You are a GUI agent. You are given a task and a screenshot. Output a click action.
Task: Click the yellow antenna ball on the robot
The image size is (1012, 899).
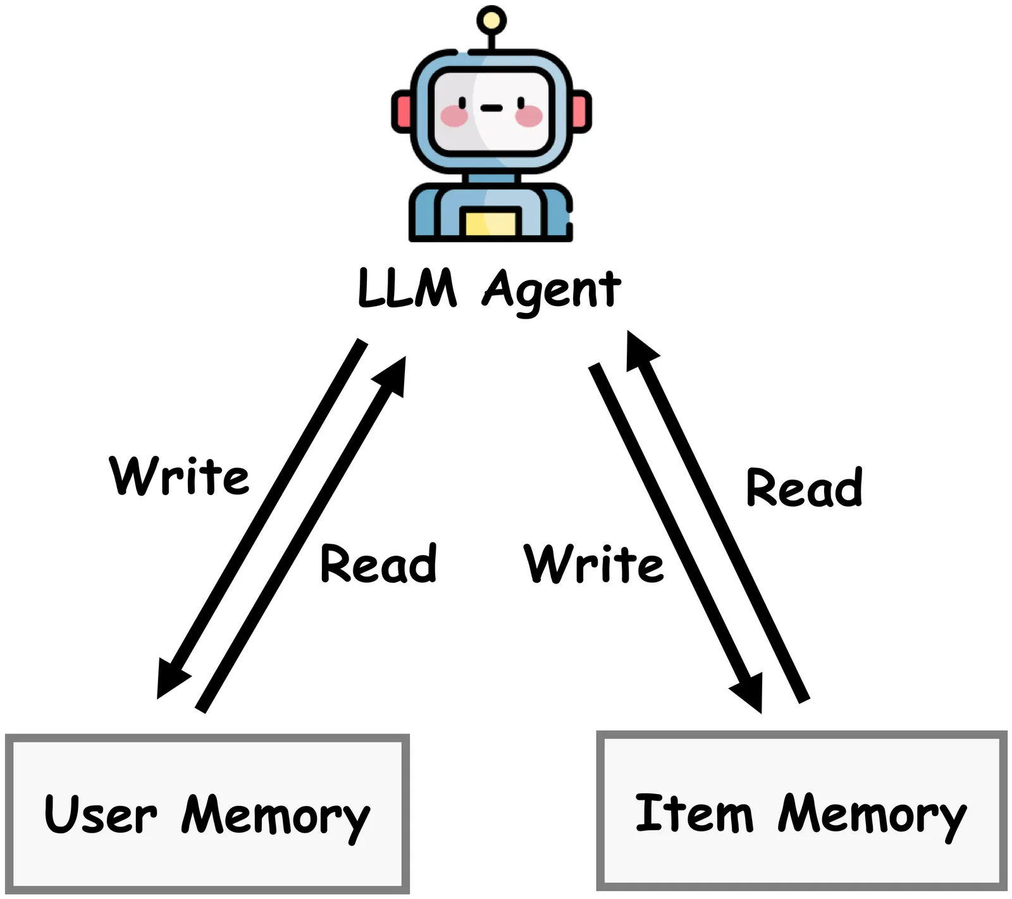[491, 21]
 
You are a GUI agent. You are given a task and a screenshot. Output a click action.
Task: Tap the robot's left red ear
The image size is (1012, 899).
[402, 111]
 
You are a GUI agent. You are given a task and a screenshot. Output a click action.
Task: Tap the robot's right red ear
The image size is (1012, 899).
[581, 111]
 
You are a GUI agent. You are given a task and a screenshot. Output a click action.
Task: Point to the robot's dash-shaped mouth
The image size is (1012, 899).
[491, 108]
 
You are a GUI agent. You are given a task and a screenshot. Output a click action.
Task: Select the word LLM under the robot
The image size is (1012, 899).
[407, 288]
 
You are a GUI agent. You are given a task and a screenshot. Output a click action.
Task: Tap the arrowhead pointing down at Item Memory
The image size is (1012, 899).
[750, 692]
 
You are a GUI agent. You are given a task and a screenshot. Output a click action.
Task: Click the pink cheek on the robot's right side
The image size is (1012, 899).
[529, 116]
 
